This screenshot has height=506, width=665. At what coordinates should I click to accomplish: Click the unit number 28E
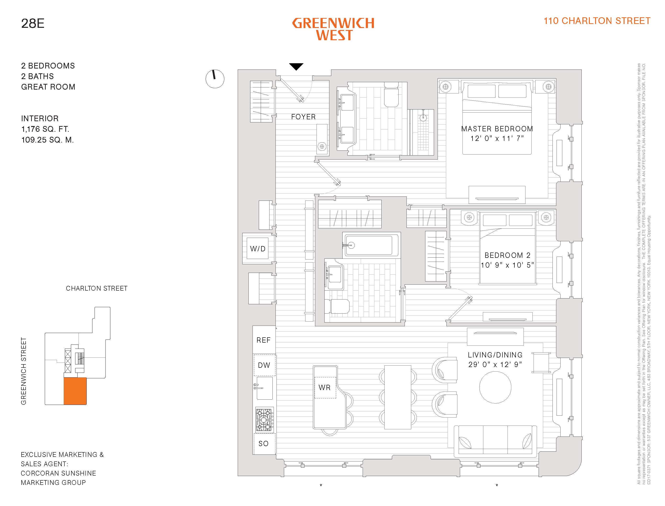(33, 23)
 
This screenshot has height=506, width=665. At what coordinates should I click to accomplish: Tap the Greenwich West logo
(333, 29)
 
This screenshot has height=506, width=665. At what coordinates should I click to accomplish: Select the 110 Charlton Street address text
(597, 21)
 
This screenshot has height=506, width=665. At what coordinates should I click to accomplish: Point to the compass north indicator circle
(215, 79)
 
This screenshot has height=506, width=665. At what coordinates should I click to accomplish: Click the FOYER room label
(303, 117)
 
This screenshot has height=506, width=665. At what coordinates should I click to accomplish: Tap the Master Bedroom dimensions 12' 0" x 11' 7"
(497, 138)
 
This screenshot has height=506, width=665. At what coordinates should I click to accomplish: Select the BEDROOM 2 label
(507, 255)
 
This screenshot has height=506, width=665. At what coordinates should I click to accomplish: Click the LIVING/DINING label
(495, 355)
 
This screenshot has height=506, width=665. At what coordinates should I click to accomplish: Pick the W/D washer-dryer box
(258, 248)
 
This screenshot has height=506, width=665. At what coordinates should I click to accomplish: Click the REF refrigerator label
(263, 340)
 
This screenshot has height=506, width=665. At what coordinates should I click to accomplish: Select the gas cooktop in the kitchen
(265, 420)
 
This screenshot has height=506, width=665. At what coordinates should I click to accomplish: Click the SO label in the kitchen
(263, 443)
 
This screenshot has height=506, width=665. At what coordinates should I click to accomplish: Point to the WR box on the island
(325, 388)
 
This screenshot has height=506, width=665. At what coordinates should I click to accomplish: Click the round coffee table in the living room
(495, 387)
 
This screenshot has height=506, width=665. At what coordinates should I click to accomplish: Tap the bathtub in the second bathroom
(371, 245)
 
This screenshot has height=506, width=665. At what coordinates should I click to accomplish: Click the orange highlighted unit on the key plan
(75, 391)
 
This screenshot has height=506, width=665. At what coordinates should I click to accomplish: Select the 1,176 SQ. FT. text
(45, 129)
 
